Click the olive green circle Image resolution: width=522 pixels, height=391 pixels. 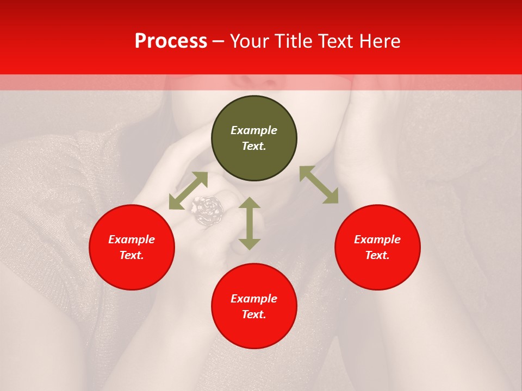point(254,138)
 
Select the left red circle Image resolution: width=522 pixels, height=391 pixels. point(132,248)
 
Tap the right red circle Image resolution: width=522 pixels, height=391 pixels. point(377,248)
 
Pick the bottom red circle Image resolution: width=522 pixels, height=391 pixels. point(254,306)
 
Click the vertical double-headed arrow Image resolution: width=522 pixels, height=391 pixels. point(250,223)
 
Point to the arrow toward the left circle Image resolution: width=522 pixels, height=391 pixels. point(188,191)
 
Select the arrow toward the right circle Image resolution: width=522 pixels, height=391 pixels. point(319,185)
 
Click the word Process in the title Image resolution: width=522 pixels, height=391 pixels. point(171,41)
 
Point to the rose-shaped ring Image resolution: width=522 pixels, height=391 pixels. point(208,210)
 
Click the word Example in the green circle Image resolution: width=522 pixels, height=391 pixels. point(254,130)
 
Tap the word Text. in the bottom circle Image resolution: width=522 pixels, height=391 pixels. point(254,314)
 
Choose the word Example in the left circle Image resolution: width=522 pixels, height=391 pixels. point(132,239)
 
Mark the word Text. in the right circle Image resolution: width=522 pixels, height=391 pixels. point(377,256)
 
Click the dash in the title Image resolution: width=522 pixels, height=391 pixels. point(219,41)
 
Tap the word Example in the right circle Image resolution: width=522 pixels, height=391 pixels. point(377,239)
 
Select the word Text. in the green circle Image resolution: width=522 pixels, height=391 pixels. point(254,147)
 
